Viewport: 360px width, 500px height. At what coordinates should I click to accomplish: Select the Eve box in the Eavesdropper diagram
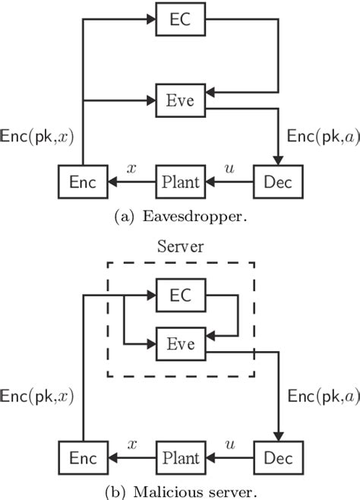pyautogui.click(x=180, y=100)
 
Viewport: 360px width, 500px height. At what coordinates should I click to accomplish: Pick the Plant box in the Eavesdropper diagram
pyautogui.click(x=181, y=182)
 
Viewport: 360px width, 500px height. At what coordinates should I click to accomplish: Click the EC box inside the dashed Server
pyautogui.click(x=180, y=293)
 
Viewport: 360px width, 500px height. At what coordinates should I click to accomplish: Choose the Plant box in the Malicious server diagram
pyautogui.click(x=181, y=459)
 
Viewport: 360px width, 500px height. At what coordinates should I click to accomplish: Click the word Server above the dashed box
pyautogui.click(x=180, y=247)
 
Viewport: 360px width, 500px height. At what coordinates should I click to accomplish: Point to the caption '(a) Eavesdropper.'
pyautogui.click(x=180, y=216)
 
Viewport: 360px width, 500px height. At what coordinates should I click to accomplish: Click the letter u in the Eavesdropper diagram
pyautogui.click(x=231, y=169)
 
